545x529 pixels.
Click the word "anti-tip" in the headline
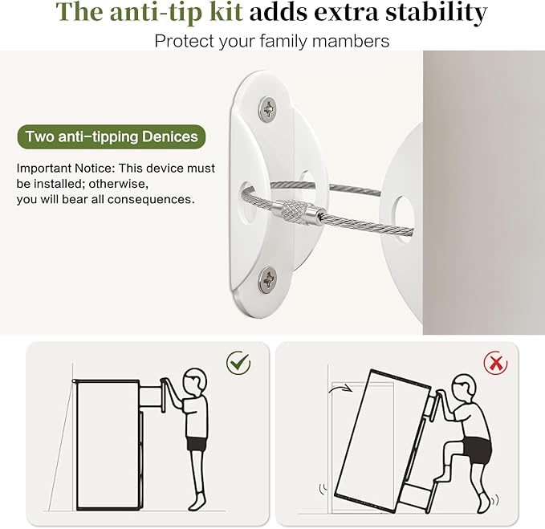click(x=177, y=12)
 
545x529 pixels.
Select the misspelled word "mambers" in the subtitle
click(x=351, y=41)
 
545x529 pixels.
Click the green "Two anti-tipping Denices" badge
click(x=112, y=136)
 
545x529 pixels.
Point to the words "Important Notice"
click(x=65, y=169)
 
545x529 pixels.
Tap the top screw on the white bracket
click(x=267, y=109)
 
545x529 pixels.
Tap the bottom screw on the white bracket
click(x=267, y=279)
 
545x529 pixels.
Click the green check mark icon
click(x=238, y=363)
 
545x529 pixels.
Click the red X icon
click(x=496, y=363)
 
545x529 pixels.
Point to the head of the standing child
click(x=194, y=380)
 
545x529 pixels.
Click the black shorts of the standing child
click(x=196, y=443)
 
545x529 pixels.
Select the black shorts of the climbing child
click(x=477, y=450)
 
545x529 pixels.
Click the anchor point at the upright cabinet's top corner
click(x=74, y=381)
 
